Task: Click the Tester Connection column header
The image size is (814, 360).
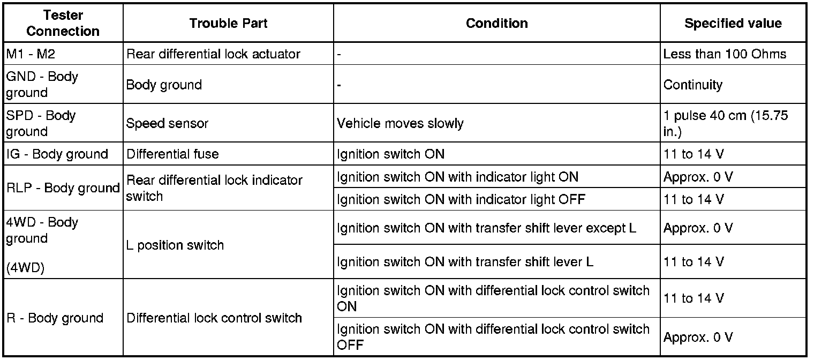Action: click(63, 23)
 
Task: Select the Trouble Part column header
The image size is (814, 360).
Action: click(228, 23)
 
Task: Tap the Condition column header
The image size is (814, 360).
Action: click(496, 23)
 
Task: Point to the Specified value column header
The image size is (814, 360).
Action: click(733, 23)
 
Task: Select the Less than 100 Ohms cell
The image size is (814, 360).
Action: click(725, 54)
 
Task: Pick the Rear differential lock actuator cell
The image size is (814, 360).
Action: click(213, 54)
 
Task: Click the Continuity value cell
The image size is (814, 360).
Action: click(693, 85)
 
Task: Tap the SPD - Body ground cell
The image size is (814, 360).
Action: click(41, 123)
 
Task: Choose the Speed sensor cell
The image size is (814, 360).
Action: click(167, 123)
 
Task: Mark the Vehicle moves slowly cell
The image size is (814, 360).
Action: click(400, 123)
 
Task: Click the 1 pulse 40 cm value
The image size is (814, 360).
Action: click(726, 123)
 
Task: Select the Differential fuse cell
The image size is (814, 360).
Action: click(172, 154)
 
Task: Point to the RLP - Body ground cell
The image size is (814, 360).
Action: click(63, 188)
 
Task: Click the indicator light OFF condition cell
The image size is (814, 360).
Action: click(461, 200)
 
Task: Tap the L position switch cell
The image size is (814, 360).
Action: click(175, 245)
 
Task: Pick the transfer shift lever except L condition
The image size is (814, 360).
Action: click(487, 228)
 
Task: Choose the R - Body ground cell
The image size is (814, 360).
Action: click(55, 318)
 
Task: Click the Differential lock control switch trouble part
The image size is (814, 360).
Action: click(214, 318)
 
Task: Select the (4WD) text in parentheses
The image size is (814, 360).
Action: click(25, 268)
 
